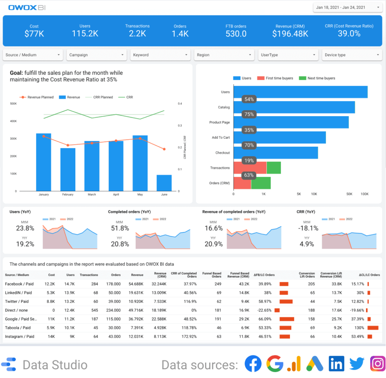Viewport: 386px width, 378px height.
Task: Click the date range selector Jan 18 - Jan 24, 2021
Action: pyautogui.click(x=347, y=7)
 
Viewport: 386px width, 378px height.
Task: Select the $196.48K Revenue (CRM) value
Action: pyautogui.click(x=290, y=34)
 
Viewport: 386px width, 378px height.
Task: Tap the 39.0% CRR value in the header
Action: pyautogui.click(x=349, y=34)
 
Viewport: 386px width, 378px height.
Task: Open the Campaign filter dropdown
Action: pyautogui.click(x=96, y=55)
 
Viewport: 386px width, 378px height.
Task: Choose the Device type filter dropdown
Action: pyautogui.click(x=352, y=55)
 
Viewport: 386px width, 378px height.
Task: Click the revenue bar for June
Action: pyautogui.click(x=164, y=183)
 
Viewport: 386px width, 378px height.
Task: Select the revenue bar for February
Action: pyautogui.click(x=68, y=169)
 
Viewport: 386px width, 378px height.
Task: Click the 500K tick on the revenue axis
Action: pyautogui.click(x=13, y=103)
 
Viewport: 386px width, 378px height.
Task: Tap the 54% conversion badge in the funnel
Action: pyautogui.click(x=249, y=99)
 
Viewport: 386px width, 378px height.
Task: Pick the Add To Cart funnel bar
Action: pyautogui.click(x=279, y=137)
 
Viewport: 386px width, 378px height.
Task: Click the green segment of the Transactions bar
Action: pyautogui.click(x=274, y=168)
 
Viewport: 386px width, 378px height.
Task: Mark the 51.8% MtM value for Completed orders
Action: pyautogui.click(x=120, y=228)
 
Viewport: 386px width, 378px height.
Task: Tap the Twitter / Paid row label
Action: pyautogui.click(x=17, y=301)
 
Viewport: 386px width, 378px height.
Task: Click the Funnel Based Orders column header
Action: pyautogui.click(x=212, y=275)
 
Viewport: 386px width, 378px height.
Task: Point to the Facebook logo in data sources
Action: pyautogui.click(x=253, y=364)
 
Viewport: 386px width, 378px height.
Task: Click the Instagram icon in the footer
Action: pyautogui.click(x=377, y=364)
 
